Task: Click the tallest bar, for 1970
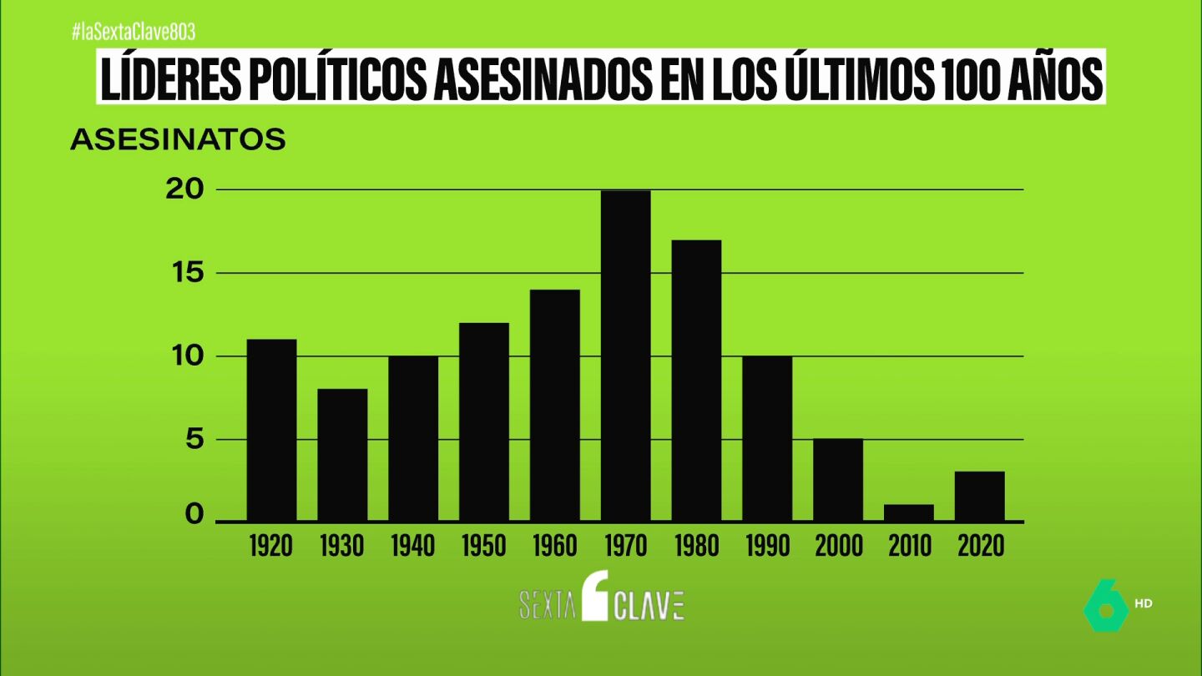point(626,356)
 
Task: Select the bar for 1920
point(271,431)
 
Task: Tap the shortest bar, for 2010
point(909,513)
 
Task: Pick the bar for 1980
point(696,381)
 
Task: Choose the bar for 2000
point(838,480)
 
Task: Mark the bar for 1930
point(342,455)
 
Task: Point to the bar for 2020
point(980,497)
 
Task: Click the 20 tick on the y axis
point(185,189)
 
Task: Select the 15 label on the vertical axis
point(189,273)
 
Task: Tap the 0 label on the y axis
point(194,514)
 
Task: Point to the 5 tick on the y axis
point(194,440)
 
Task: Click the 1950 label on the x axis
point(484,546)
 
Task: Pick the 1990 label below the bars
point(768,546)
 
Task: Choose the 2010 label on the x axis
point(910,546)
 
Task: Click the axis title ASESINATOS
point(178,139)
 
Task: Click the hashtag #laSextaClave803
point(134,33)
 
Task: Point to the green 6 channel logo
point(1106,605)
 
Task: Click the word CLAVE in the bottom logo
point(649,606)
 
